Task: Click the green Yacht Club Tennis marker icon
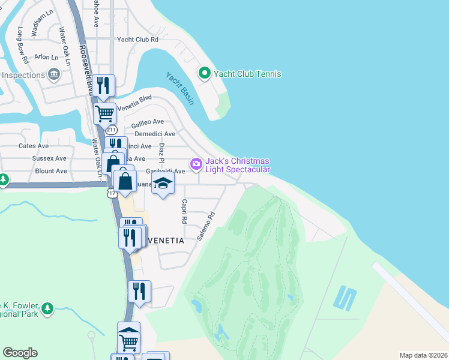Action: (204, 74)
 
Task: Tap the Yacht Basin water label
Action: (179, 89)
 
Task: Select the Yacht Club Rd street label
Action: (137, 40)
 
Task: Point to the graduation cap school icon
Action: (161, 184)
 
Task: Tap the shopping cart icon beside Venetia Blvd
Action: (104, 112)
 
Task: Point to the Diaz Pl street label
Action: (161, 153)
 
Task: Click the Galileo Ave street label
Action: (148, 122)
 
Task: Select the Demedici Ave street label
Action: (155, 134)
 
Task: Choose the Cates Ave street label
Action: (34, 146)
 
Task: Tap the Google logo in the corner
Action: (20, 353)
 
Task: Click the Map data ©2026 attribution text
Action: (423, 355)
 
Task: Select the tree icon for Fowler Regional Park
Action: (46, 309)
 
